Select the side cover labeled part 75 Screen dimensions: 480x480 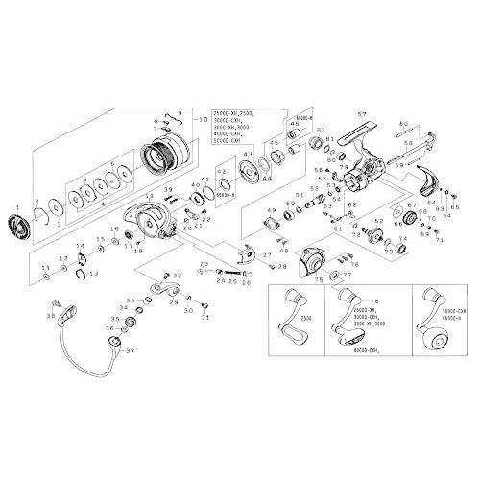coord(310,257)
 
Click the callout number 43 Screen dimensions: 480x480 coord(248,155)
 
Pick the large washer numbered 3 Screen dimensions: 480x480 coord(48,210)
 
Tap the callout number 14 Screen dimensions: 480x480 coord(80,247)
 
